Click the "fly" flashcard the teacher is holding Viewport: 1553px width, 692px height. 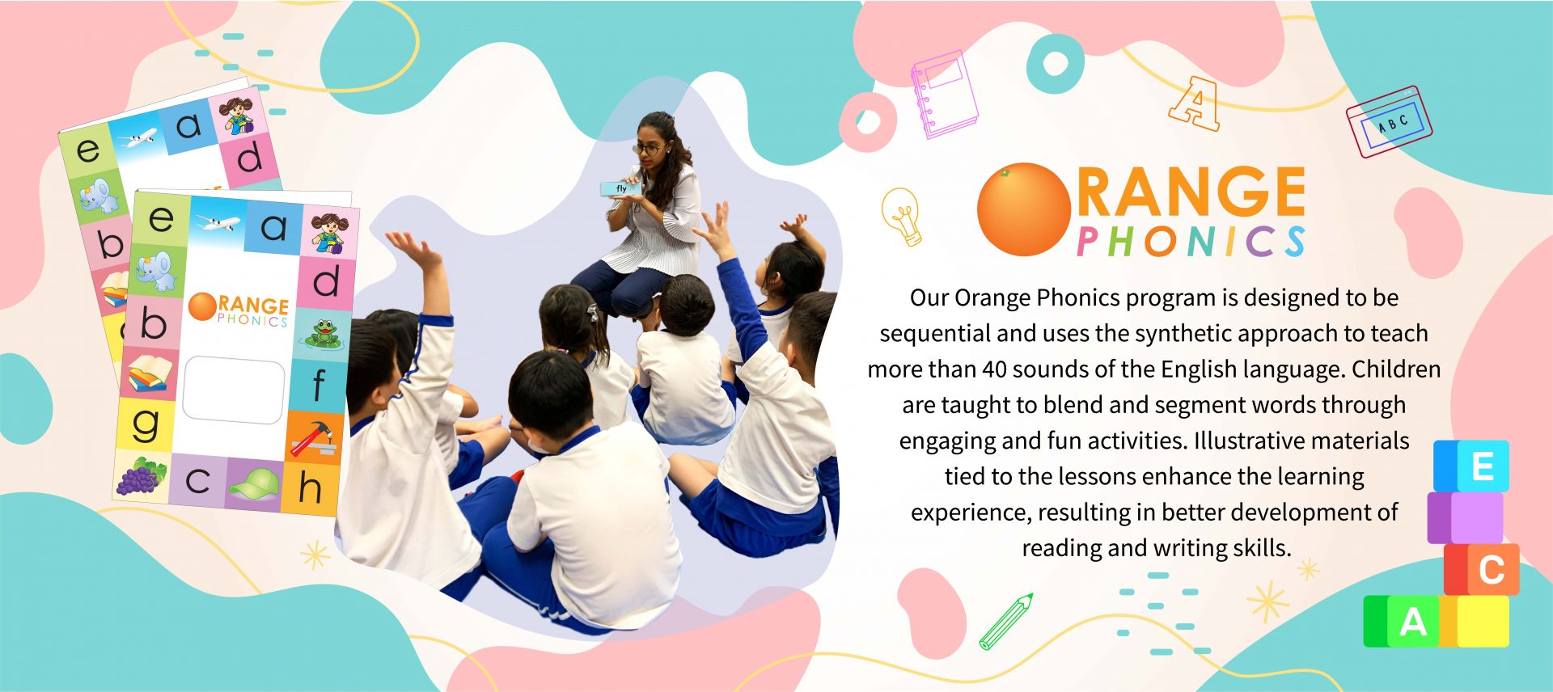(x=620, y=188)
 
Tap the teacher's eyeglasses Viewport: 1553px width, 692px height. (x=648, y=148)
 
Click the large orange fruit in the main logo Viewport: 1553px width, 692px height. (x=1024, y=209)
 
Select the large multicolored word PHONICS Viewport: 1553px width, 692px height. (x=1191, y=241)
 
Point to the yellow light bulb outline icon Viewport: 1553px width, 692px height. (x=902, y=215)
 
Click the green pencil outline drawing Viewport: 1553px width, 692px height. (x=1005, y=622)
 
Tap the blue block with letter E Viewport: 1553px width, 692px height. (x=1471, y=466)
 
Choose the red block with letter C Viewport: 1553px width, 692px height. (x=1482, y=570)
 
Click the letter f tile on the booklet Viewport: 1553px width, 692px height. (x=319, y=384)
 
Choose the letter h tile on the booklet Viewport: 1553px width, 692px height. (x=310, y=487)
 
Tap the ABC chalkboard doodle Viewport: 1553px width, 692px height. (x=1389, y=121)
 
